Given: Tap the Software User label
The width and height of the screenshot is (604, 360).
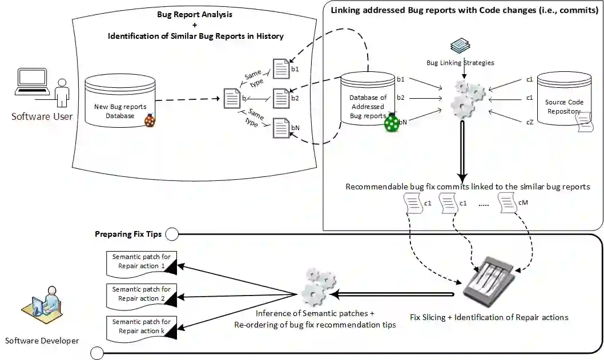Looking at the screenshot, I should pos(42,116).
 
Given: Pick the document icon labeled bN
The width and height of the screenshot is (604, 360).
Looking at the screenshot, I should pos(281,128).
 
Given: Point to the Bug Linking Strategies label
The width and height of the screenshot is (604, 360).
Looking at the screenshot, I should pos(460,63).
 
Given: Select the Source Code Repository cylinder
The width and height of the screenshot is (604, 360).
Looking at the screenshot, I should pos(564,103).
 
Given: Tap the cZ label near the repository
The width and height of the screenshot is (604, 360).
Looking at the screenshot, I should pos(529,121).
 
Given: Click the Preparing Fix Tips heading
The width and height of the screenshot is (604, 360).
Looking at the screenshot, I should pos(128,234).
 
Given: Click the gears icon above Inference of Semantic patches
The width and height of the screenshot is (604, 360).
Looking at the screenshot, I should pos(318,288).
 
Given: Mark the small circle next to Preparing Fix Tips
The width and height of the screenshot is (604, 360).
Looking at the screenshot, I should pos(171,233).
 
